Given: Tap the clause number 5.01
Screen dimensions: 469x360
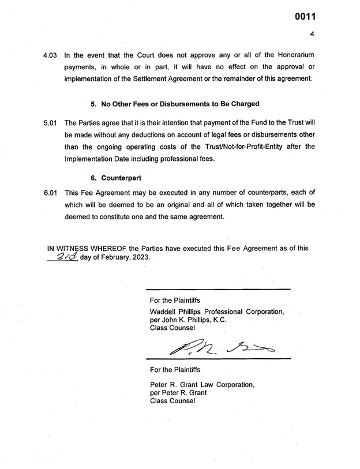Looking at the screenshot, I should (51, 125).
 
